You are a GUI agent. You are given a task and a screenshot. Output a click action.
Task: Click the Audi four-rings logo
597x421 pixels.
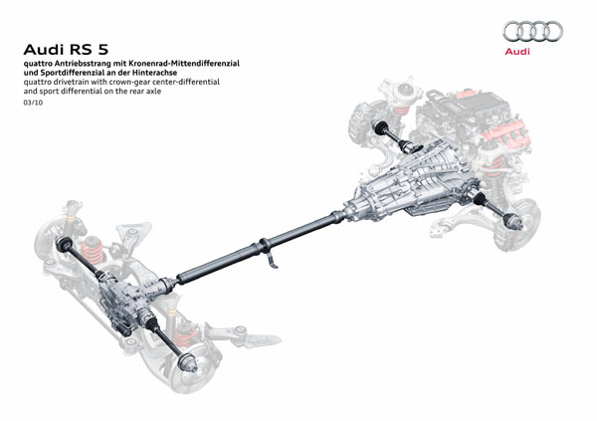pos(532,32)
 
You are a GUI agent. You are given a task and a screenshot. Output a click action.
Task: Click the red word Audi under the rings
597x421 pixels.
pos(517,52)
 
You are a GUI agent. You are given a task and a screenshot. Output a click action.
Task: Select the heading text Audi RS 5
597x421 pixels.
pos(66,50)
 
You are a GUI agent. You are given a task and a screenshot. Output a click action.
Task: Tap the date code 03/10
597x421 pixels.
pos(33,103)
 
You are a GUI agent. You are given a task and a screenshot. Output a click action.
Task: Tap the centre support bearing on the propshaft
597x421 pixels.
pos(264,246)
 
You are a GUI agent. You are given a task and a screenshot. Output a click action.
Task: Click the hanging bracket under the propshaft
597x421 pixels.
pos(273,260)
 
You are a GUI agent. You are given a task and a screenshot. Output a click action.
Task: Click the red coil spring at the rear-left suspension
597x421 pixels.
pos(93,252)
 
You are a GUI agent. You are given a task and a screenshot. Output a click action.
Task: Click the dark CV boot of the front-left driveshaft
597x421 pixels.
pos(381,127)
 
